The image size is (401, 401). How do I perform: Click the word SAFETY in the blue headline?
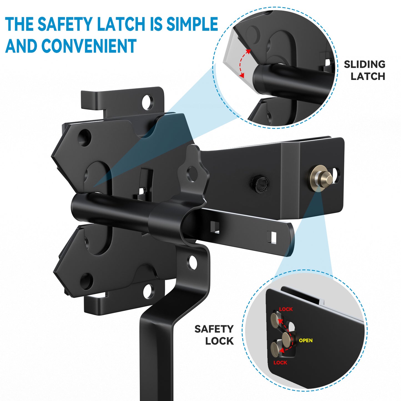(65, 24)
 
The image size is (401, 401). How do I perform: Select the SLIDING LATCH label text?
(365, 70)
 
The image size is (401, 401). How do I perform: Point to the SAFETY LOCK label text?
(214, 335)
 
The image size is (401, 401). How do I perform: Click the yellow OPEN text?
(306, 341)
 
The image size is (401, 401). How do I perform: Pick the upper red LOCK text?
(286, 309)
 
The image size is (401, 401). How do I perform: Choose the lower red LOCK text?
(280, 362)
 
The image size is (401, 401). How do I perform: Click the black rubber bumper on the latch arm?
(260, 184)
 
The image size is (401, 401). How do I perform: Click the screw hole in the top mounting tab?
(147, 102)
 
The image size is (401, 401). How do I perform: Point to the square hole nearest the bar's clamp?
(215, 227)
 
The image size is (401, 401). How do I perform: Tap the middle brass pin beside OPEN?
(287, 338)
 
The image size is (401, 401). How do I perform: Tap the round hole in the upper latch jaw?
(84, 137)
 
